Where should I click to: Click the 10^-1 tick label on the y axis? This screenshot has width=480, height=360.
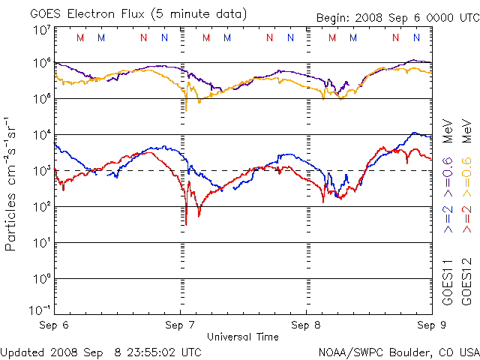coord(40,310)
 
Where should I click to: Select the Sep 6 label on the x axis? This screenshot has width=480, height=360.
coord(54,325)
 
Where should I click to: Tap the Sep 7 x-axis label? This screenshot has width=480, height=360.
coord(180,325)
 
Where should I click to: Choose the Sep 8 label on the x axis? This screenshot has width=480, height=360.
coord(306,325)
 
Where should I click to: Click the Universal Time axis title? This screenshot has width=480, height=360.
coord(242,337)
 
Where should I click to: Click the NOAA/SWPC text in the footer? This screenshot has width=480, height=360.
coord(349,351)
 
